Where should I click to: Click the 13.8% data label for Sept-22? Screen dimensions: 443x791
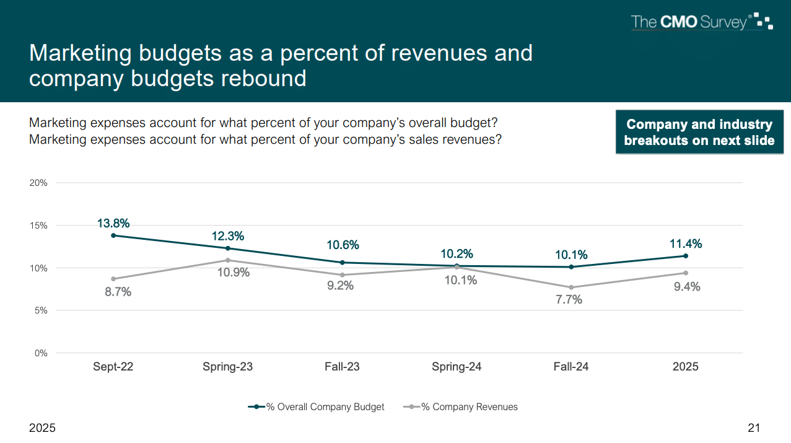click(x=113, y=224)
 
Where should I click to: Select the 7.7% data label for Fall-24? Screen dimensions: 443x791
click(x=569, y=300)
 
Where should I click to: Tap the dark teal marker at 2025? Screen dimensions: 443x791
click(x=686, y=256)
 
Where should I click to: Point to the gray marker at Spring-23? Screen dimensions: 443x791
click(x=228, y=260)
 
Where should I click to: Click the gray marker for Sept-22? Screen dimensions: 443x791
click(x=113, y=279)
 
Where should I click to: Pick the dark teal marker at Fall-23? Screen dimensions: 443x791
click(x=343, y=263)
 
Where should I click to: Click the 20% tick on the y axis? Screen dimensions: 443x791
click(x=38, y=183)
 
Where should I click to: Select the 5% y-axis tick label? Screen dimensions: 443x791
click(x=41, y=310)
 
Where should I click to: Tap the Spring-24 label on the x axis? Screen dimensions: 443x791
click(x=457, y=367)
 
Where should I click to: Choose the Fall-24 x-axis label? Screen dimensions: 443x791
click(x=571, y=367)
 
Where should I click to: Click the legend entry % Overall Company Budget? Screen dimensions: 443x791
click(x=317, y=407)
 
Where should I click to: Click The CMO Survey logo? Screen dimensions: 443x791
click(x=701, y=23)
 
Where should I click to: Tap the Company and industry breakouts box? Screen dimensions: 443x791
click(x=699, y=133)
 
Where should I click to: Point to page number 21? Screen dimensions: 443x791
click(x=754, y=428)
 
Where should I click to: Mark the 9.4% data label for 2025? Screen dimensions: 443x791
click(x=687, y=287)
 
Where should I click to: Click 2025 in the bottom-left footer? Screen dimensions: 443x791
click(x=42, y=428)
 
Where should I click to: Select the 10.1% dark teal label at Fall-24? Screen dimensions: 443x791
click(x=571, y=255)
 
